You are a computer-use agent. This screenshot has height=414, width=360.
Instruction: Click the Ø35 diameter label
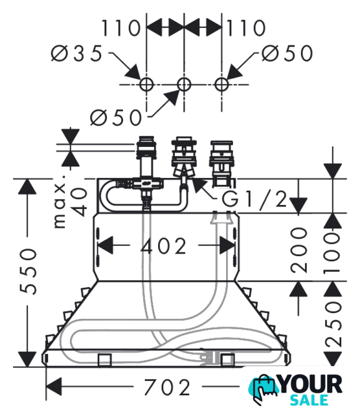coord(76,54)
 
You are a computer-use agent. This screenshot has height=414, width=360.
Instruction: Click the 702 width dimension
coord(167,387)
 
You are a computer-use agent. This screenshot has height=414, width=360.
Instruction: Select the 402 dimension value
coord(164,246)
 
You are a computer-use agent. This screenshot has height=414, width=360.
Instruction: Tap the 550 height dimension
coord(28,271)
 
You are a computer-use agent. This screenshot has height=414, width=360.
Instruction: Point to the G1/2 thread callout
coord(254,199)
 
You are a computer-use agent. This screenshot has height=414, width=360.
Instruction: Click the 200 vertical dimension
coord(299,250)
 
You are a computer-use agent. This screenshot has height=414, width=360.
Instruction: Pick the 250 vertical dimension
coord(333,325)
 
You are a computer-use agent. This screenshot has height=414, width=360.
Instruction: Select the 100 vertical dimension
coord(333,252)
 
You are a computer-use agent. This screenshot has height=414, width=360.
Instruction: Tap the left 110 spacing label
coord(121,28)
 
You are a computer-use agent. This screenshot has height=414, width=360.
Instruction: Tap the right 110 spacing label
coord(246,28)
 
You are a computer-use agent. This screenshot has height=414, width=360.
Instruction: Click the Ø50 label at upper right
coord(287,54)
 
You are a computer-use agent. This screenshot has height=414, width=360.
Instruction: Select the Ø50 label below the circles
coord(116,118)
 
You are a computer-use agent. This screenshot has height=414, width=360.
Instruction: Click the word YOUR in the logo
coord(311,384)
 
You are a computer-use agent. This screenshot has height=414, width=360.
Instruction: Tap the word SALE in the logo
coord(309,400)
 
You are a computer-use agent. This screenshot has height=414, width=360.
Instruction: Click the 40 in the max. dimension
coord(79,202)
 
